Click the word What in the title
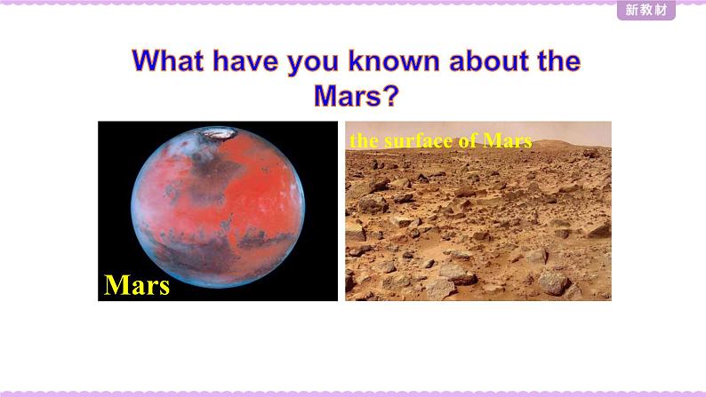tap(167, 60)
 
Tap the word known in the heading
tap(394, 60)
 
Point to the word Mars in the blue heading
tap(348, 95)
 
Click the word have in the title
tap(245, 60)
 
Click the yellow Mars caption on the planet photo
tap(137, 285)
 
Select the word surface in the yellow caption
tap(418, 140)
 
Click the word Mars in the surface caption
tap(508, 140)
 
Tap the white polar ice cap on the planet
tap(218, 133)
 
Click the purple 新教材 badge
tap(646, 10)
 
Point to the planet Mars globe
tap(218, 207)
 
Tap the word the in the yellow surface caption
tap(364, 140)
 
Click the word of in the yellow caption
tap(468, 140)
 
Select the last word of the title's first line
tap(558, 60)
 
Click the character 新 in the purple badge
tap(631, 10)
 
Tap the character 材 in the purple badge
tap(661, 10)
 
